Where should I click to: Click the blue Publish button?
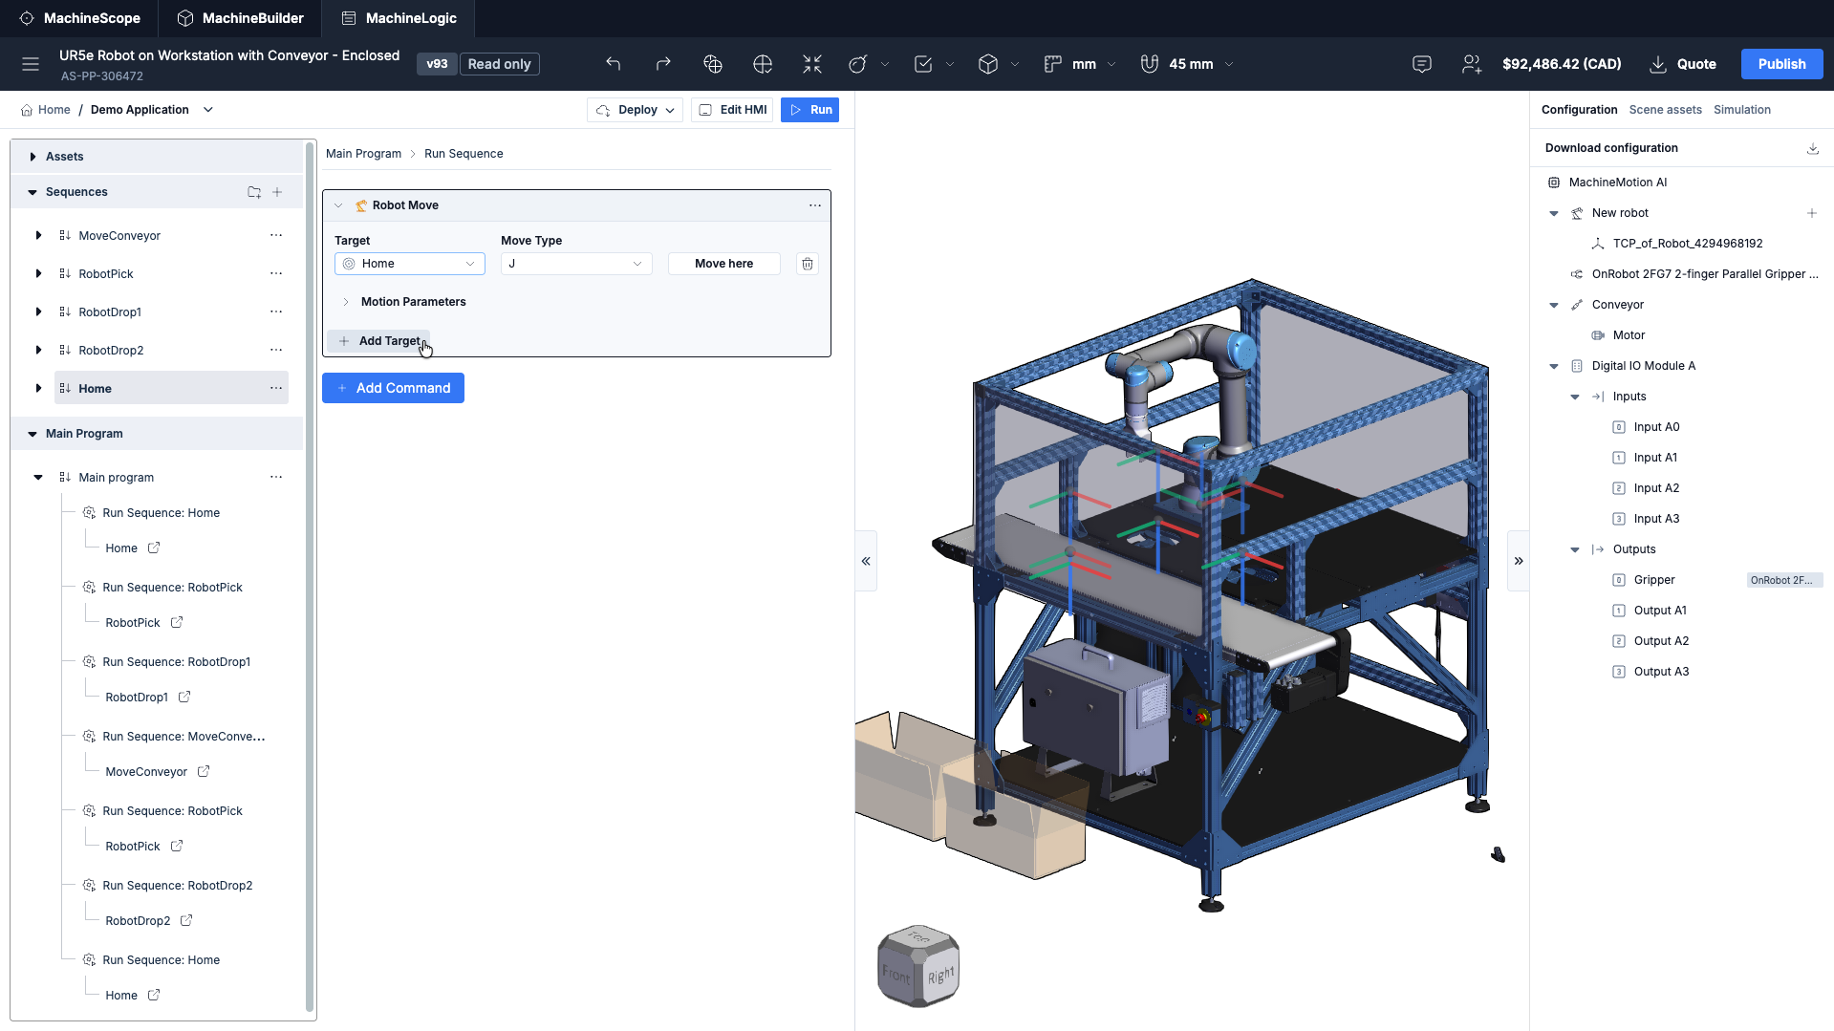pyautogui.click(x=1781, y=64)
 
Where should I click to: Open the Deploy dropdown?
pyautogui.click(x=636, y=110)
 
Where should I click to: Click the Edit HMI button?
pyautogui.click(x=732, y=110)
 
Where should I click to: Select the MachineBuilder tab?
pyautogui.click(x=241, y=18)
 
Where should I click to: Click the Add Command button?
pyautogui.click(x=393, y=388)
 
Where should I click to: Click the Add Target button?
pyautogui.click(x=379, y=341)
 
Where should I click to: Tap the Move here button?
pyautogui.click(x=723, y=264)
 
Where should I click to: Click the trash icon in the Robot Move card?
pyautogui.click(x=808, y=264)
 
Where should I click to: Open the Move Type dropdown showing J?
pyautogui.click(x=576, y=264)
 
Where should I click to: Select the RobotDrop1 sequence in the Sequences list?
pyautogui.click(x=110, y=312)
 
